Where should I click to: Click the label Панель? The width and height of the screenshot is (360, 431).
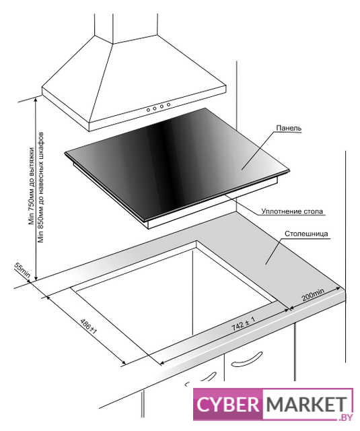tap(289, 128)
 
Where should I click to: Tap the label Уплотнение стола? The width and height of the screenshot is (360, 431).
tap(292, 211)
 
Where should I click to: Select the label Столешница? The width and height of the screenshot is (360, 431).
tap(306, 234)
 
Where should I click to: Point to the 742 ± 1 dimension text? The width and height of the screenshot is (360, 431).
tap(244, 323)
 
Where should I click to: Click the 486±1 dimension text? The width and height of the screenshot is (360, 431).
tap(88, 326)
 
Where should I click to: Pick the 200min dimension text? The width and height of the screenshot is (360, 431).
tap(313, 294)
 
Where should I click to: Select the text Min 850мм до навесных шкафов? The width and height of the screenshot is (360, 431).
tap(41, 188)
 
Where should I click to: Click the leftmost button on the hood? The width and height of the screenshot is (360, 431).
tap(148, 110)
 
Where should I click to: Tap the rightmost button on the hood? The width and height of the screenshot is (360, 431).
tap(168, 104)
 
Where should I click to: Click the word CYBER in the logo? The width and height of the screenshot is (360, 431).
tap(228, 404)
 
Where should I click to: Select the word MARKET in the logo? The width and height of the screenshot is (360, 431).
tap(306, 404)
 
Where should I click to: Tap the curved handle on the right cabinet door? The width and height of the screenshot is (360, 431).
tap(246, 359)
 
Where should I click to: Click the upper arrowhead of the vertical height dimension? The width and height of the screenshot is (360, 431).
tap(36, 99)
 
